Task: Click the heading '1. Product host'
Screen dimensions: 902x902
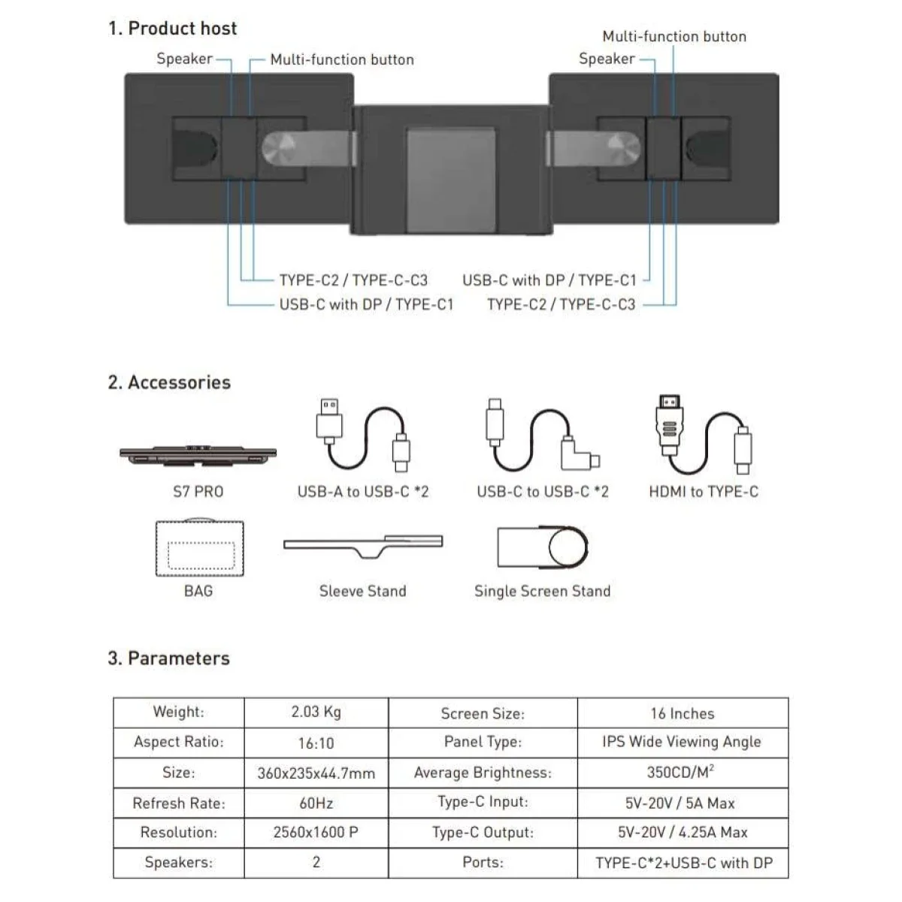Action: (x=172, y=29)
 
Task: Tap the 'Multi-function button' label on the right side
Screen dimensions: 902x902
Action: (x=673, y=37)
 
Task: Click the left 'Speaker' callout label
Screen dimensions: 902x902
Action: (x=184, y=59)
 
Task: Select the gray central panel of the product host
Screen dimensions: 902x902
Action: (x=451, y=180)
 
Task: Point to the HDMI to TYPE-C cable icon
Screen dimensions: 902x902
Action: (x=704, y=434)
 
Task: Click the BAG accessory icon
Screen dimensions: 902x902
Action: (x=199, y=547)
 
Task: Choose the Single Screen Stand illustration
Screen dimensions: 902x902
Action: (x=543, y=546)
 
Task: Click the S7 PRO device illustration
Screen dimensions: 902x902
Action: (x=198, y=456)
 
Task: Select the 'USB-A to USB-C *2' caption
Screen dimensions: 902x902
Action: (x=363, y=492)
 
